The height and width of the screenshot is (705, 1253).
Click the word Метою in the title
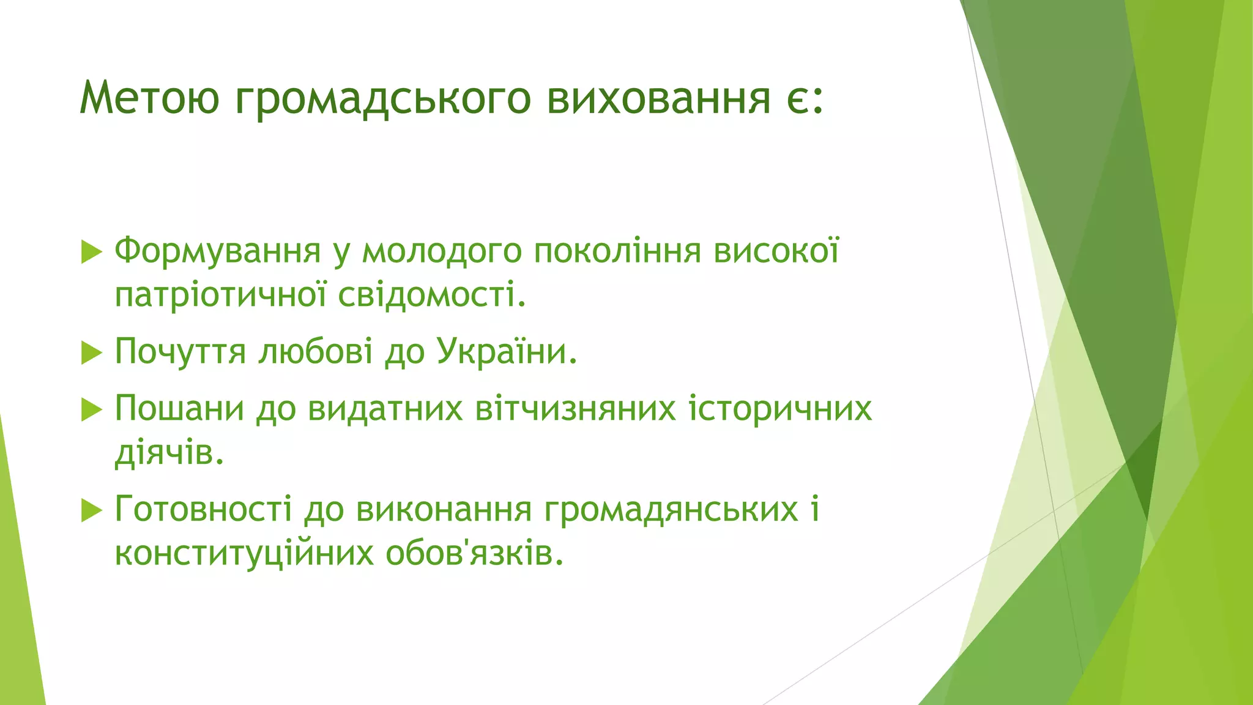tap(149, 98)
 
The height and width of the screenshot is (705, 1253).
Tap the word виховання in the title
tap(658, 98)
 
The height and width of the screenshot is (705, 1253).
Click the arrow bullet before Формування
tap(91, 252)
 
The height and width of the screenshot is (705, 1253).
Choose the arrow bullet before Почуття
tap(91, 352)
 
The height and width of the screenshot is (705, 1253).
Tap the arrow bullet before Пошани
tap(91, 409)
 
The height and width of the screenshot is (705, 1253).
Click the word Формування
tap(218, 251)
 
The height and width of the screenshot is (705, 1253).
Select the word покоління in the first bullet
tap(617, 251)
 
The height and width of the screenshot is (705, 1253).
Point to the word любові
tap(315, 351)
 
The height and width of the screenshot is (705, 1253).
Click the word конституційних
tap(244, 554)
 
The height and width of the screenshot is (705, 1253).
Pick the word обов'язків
tap(474, 554)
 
